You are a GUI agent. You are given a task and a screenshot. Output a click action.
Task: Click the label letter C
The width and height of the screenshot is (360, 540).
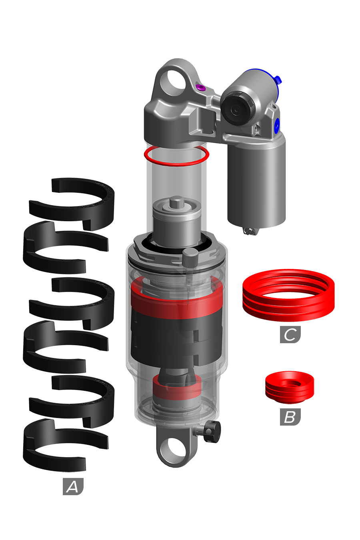[x=290, y=335]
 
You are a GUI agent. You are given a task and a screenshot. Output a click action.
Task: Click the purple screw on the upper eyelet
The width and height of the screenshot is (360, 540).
[x=200, y=87]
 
